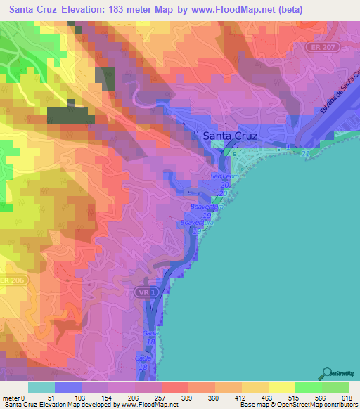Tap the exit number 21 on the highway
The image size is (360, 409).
[304, 153]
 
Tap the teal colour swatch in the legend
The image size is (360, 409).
[41, 387]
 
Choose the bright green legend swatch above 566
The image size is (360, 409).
[307, 387]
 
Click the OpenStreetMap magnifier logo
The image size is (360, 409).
[327, 373]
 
